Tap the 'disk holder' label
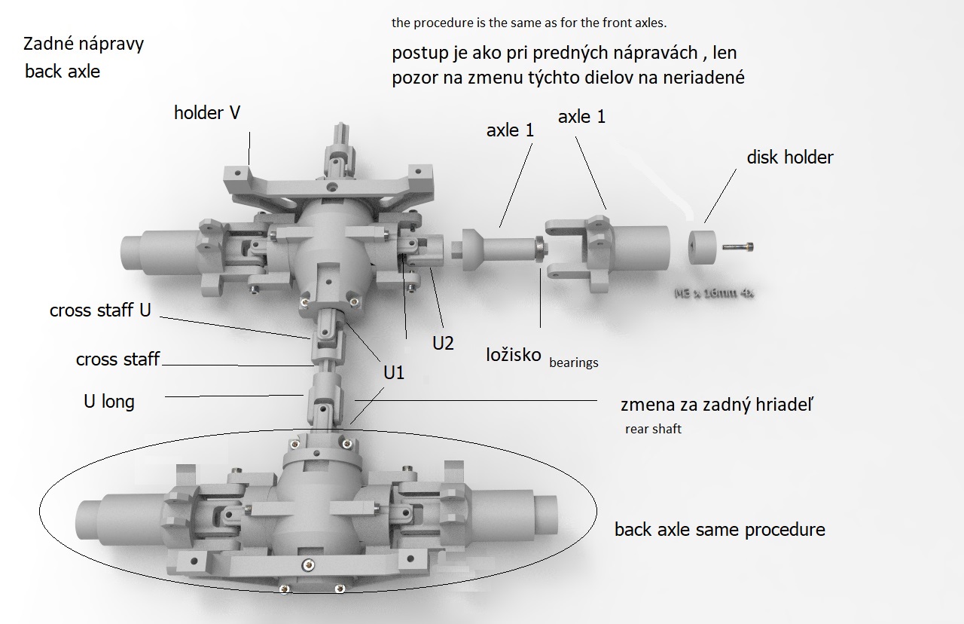790,158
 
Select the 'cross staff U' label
100,310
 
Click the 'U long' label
109,402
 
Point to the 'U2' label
443,343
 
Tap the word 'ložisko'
514,354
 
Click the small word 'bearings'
574,362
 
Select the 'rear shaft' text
652,430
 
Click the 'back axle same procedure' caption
719,530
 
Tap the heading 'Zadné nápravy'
84,44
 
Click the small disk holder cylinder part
705,247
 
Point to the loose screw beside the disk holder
738,246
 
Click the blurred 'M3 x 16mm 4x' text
713,292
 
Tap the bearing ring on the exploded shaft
539,249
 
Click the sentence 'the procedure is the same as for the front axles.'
529,23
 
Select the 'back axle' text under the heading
63,72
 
